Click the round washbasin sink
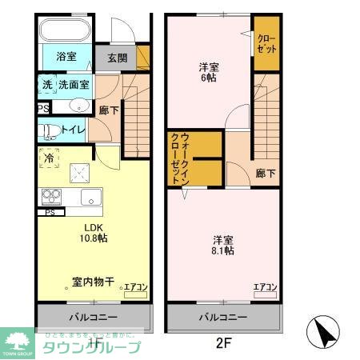[x=79, y=106]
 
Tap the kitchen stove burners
[x=50, y=195]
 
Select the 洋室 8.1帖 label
[x=223, y=245]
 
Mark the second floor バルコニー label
[x=223, y=317]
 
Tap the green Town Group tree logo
[x=18, y=339]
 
